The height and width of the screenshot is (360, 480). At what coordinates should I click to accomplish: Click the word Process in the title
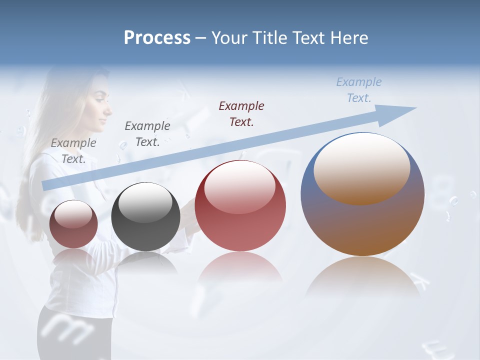(x=157, y=38)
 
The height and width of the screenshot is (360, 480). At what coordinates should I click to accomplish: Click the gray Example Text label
(x=73, y=150)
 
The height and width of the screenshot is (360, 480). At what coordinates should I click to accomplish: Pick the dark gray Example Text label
(x=147, y=133)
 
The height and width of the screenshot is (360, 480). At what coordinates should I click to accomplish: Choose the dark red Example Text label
(x=241, y=113)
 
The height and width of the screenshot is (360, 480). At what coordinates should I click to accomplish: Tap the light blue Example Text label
(x=358, y=90)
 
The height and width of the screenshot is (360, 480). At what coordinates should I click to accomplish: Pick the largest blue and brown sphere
(x=362, y=225)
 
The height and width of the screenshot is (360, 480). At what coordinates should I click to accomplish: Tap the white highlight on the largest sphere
(x=362, y=167)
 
